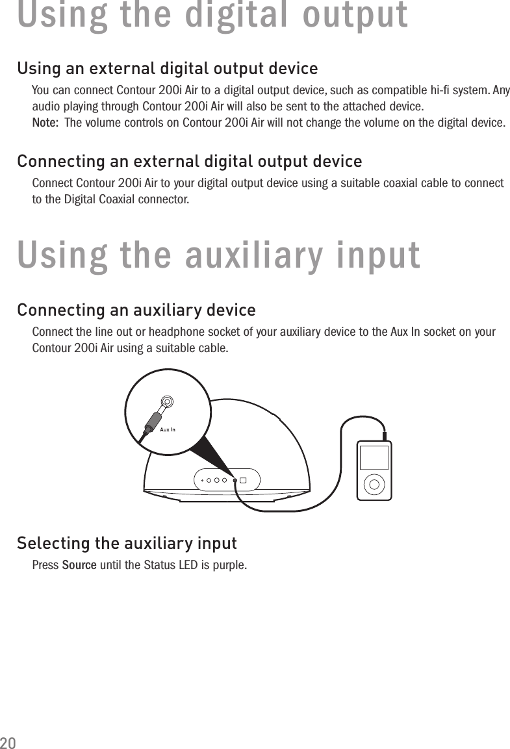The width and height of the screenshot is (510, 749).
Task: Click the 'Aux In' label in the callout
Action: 168,429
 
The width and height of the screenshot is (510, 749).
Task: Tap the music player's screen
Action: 374,457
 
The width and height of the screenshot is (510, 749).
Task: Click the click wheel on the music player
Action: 374,483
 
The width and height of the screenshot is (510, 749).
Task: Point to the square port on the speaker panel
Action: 243,481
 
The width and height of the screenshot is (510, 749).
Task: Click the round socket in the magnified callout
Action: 168,401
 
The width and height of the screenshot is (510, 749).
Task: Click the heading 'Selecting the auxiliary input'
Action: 127,542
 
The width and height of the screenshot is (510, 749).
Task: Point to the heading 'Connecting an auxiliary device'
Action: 136,310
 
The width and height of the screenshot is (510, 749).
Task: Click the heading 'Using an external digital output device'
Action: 167,68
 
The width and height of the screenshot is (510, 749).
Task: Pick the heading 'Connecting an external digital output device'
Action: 189,160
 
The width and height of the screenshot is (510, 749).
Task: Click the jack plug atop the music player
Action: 385,436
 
